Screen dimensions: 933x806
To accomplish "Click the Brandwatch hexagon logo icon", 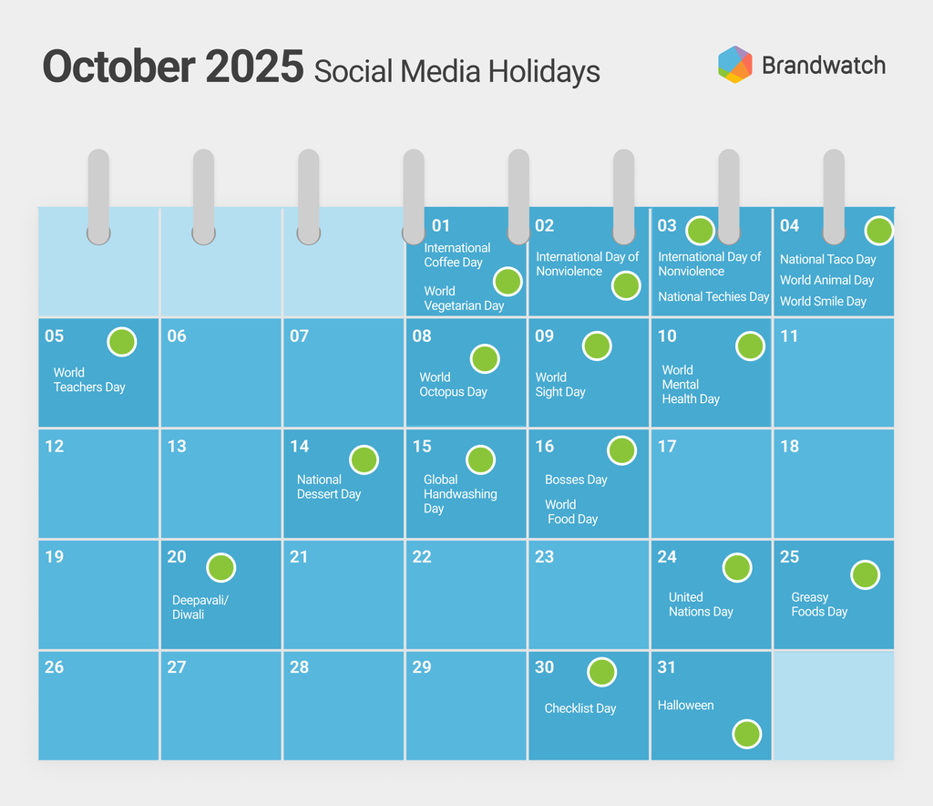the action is point(735,65).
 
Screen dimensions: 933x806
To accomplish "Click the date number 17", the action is point(667,447).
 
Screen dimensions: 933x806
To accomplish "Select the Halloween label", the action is point(685,706).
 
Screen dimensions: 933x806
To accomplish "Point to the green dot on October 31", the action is point(747,734).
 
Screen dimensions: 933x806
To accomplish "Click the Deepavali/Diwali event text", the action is point(200,607).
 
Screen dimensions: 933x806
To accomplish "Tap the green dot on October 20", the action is point(220,568).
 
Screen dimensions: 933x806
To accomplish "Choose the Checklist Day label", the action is point(580,708).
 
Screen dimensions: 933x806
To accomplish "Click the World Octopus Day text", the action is point(453,385).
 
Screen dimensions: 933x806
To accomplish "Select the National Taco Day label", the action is point(827,260).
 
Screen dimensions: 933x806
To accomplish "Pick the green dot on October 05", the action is point(122,342).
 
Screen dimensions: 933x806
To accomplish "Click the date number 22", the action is point(422,556).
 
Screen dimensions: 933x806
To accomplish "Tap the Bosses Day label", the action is point(576,480).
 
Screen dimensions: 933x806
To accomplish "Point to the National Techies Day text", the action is point(713,296).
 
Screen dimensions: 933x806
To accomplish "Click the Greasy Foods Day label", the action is point(819,604).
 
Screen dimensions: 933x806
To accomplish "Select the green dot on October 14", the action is point(364,460).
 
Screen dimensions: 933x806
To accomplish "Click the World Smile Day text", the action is point(823,301).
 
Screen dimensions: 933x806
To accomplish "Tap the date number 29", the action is point(422,666).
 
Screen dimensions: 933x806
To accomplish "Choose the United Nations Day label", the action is point(701,604).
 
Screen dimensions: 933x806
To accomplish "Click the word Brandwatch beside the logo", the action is point(824,66).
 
